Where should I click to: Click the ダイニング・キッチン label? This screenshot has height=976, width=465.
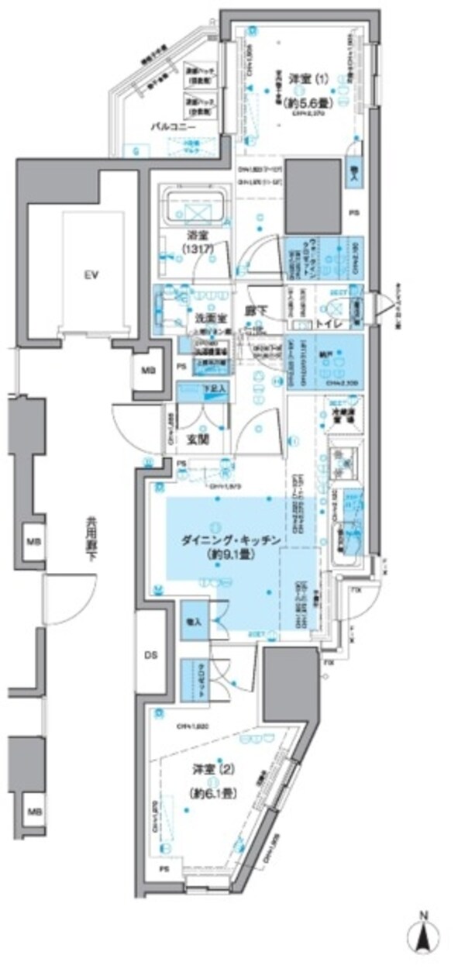point(221,540)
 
